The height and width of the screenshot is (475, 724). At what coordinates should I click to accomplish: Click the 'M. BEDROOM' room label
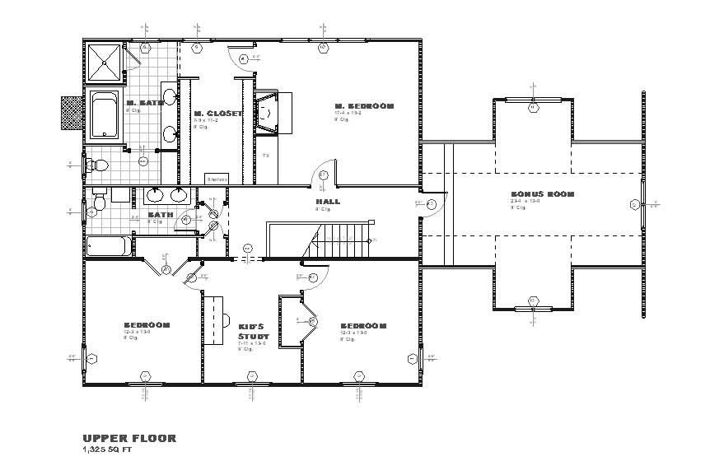point(364,106)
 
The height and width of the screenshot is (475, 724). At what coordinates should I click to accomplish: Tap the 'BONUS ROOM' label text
point(542,195)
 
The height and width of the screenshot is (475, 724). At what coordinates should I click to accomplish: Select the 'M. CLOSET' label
point(217,114)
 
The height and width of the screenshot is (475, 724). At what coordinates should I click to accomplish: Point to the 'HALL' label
point(327,201)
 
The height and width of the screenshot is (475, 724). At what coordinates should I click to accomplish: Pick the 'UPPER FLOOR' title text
point(128,439)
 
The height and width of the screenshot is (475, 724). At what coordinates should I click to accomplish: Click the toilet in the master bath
point(98,165)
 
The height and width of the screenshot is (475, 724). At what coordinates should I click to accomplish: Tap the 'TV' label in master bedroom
point(265,156)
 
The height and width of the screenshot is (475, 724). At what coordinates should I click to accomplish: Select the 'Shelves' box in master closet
point(217,178)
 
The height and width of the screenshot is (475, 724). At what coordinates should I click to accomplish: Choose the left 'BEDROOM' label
point(147,325)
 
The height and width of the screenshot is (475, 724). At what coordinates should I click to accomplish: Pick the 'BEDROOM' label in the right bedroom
point(363,326)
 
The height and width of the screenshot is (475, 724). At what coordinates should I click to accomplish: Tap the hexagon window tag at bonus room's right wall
point(634,204)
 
